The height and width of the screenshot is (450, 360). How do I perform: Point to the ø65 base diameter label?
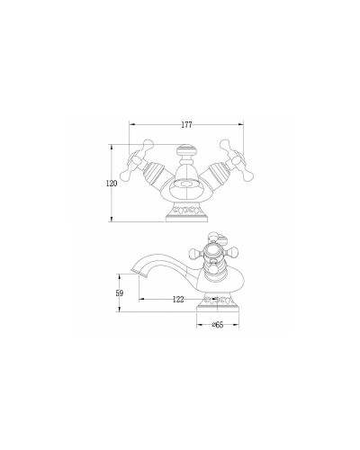(217, 325)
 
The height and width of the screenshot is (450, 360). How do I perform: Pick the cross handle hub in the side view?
(214, 255)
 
